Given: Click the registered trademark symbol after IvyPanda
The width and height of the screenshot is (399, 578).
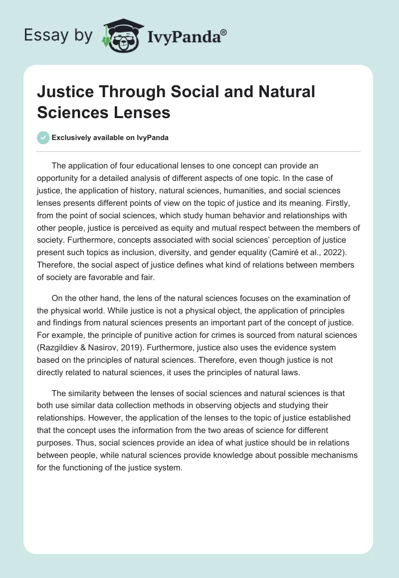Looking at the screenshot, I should tap(224, 32).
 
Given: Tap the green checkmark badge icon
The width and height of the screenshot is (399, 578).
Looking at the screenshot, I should tap(43, 138).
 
